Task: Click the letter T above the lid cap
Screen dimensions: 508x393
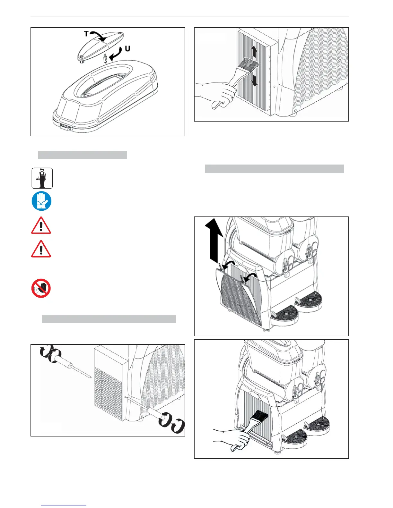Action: click(x=86, y=33)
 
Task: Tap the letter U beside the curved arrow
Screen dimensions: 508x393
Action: click(x=127, y=49)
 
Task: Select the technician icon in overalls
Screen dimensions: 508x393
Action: click(x=42, y=178)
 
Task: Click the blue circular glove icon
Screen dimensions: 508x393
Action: click(x=41, y=201)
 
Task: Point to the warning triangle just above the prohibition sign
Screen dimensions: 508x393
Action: click(x=41, y=249)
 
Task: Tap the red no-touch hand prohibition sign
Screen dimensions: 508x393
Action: click(x=41, y=288)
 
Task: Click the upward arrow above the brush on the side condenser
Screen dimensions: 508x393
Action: click(x=254, y=51)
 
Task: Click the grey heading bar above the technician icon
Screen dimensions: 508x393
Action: click(x=82, y=155)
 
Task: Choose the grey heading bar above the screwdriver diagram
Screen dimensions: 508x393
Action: click(x=109, y=319)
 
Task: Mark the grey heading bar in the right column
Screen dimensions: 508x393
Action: click(x=274, y=169)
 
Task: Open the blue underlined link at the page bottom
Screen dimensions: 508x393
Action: click(x=64, y=505)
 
